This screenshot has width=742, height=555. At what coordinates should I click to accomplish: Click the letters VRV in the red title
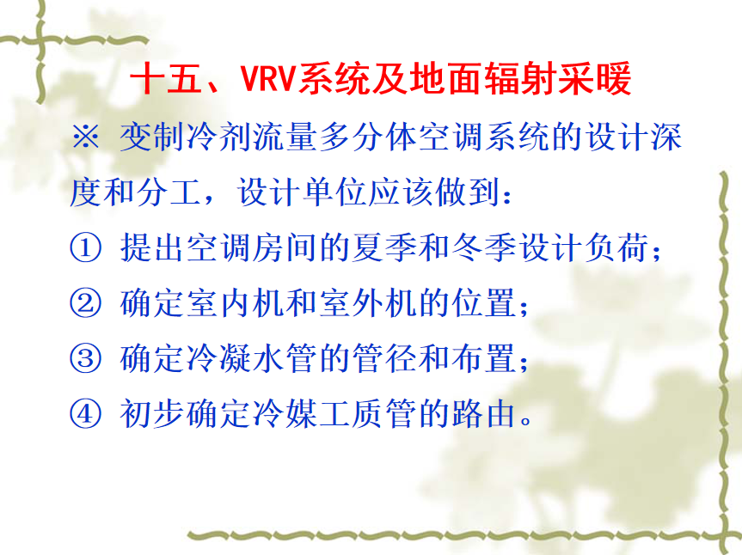click(269, 78)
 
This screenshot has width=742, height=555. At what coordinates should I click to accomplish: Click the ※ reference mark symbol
click(86, 137)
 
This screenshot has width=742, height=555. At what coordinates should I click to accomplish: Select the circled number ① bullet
click(86, 247)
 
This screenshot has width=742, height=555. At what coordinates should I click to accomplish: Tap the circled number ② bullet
click(86, 303)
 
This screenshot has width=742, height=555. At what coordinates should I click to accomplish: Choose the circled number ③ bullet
click(86, 358)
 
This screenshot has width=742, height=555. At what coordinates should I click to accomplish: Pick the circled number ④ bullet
click(86, 413)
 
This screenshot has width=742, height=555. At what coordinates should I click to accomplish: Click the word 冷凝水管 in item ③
click(252, 358)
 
